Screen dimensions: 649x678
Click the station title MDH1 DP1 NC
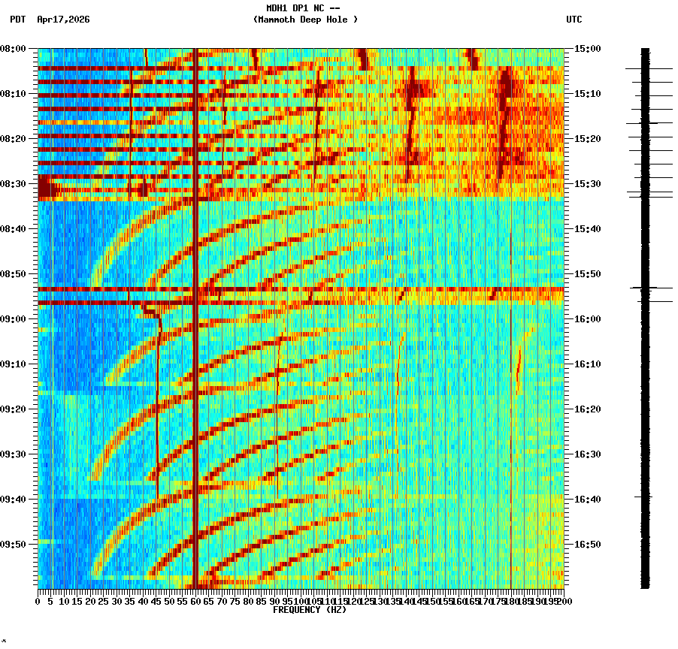[303, 8]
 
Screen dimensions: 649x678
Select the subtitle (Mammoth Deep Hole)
[305, 20]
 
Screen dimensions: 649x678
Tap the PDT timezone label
[17, 20]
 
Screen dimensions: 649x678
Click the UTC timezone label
[574, 20]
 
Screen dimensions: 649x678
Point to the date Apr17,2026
[63, 20]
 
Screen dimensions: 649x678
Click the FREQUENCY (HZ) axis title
[309, 610]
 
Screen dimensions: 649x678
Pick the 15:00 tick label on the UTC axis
[588, 49]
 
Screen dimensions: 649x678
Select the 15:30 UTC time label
[588, 184]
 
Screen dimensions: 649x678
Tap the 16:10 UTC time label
[588, 364]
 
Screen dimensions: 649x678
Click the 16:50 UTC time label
[588, 545]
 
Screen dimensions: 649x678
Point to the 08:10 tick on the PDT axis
[13, 94]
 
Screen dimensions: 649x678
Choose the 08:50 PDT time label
[13, 274]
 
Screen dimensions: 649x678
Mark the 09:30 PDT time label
[13, 454]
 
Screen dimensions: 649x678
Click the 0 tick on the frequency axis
[38, 602]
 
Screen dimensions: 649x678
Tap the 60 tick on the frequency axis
[195, 602]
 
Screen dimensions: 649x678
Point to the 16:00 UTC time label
[588, 319]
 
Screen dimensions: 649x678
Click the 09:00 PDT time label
[13, 319]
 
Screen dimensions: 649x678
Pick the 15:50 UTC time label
[588, 274]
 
